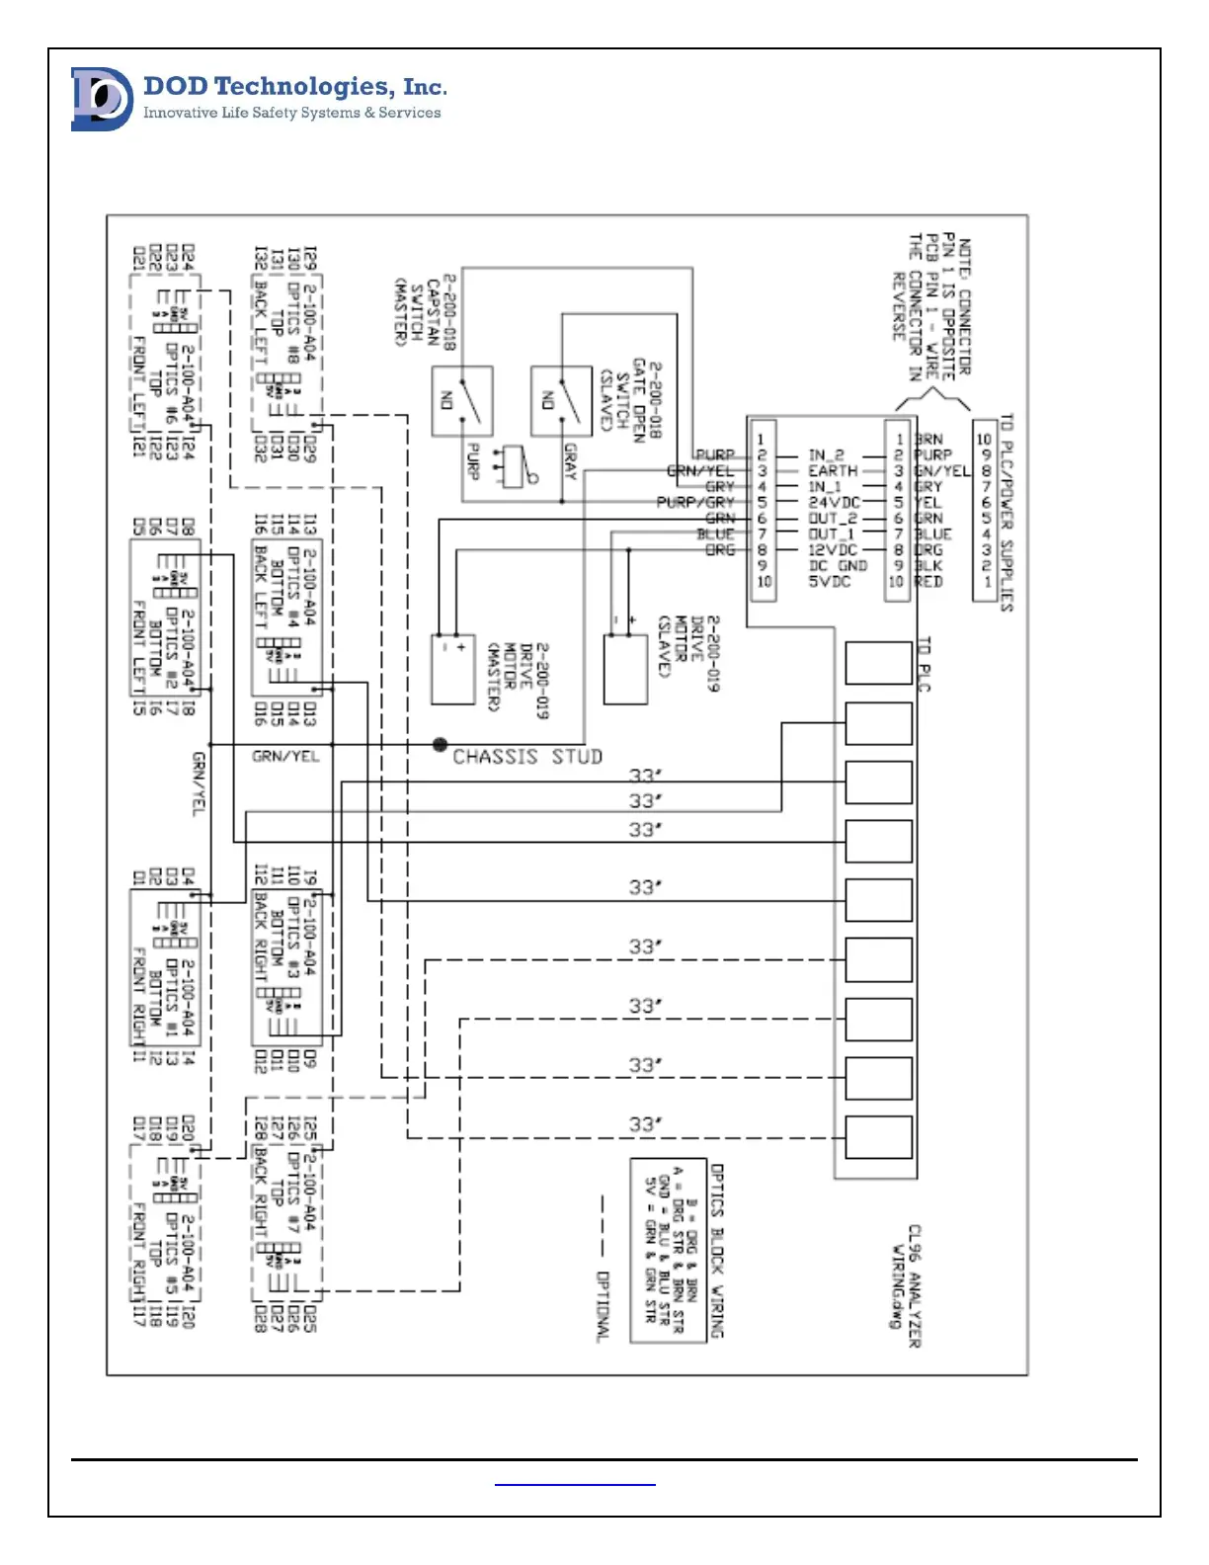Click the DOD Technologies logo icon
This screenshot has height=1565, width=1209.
[102, 99]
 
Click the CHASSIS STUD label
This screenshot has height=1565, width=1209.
[526, 757]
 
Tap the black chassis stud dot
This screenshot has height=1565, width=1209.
[440, 744]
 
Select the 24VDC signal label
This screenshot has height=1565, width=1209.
[834, 502]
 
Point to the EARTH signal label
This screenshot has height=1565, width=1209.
[833, 471]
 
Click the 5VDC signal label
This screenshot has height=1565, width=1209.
[830, 582]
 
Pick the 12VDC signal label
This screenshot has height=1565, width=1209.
[833, 549]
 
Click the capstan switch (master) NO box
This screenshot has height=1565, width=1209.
[461, 401]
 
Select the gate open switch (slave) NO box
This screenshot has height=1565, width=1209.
[561, 401]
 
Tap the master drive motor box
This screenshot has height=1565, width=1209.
[453, 669]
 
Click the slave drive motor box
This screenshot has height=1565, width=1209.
[625, 669]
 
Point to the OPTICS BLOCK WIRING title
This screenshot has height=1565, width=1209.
[718, 1250]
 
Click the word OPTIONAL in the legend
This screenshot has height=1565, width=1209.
[603, 1305]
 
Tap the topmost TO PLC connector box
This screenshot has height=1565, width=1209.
[878, 662]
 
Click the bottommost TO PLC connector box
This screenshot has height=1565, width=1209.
[878, 1136]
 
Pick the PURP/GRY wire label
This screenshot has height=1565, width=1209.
[695, 503]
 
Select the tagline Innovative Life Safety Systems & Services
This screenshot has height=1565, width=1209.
[292, 113]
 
